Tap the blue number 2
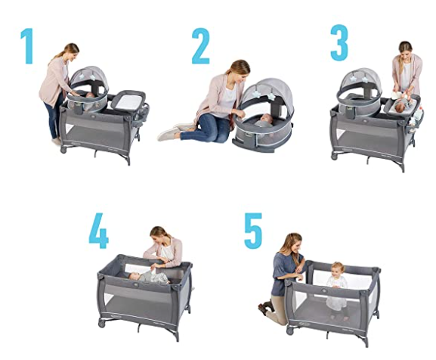click(200, 46)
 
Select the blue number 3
click(339, 42)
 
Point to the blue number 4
click(99, 231)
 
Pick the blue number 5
click(253, 231)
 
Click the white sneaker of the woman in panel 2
click(169, 134)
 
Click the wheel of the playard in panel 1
click(63, 150)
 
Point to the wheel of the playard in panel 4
click(101, 323)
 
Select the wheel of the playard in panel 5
click(289, 331)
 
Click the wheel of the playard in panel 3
click(335, 157)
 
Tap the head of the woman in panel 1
click(71, 52)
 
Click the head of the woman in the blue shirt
click(294, 243)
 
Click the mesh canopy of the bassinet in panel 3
click(358, 81)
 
